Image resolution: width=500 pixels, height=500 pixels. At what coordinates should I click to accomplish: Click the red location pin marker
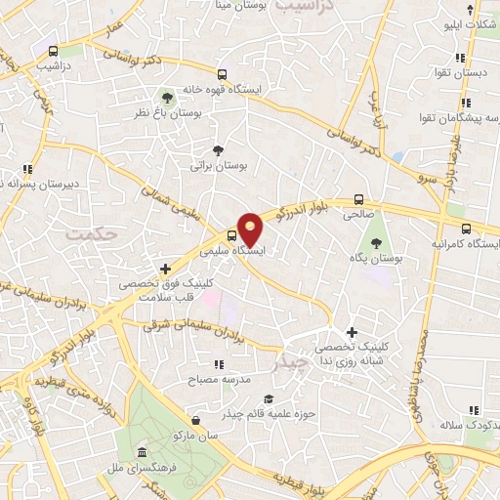pyautogui.click(x=251, y=229)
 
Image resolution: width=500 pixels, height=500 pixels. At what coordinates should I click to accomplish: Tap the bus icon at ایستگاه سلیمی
pyautogui.click(x=231, y=234)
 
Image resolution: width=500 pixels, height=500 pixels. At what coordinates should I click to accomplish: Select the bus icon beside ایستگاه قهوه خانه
pyautogui.click(x=222, y=74)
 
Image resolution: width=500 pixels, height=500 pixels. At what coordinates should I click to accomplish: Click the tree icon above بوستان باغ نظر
pyautogui.click(x=167, y=97)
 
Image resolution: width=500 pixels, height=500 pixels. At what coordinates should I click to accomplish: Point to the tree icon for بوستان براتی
pyautogui.click(x=217, y=150)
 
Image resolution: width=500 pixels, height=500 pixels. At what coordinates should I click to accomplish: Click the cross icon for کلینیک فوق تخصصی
pyautogui.click(x=165, y=268)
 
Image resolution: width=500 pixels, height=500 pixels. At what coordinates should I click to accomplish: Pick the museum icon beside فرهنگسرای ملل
pyautogui.click(x=144, y=454)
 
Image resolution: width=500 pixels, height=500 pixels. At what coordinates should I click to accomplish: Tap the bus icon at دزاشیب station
pyautogui.click(x=52, y=50)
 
